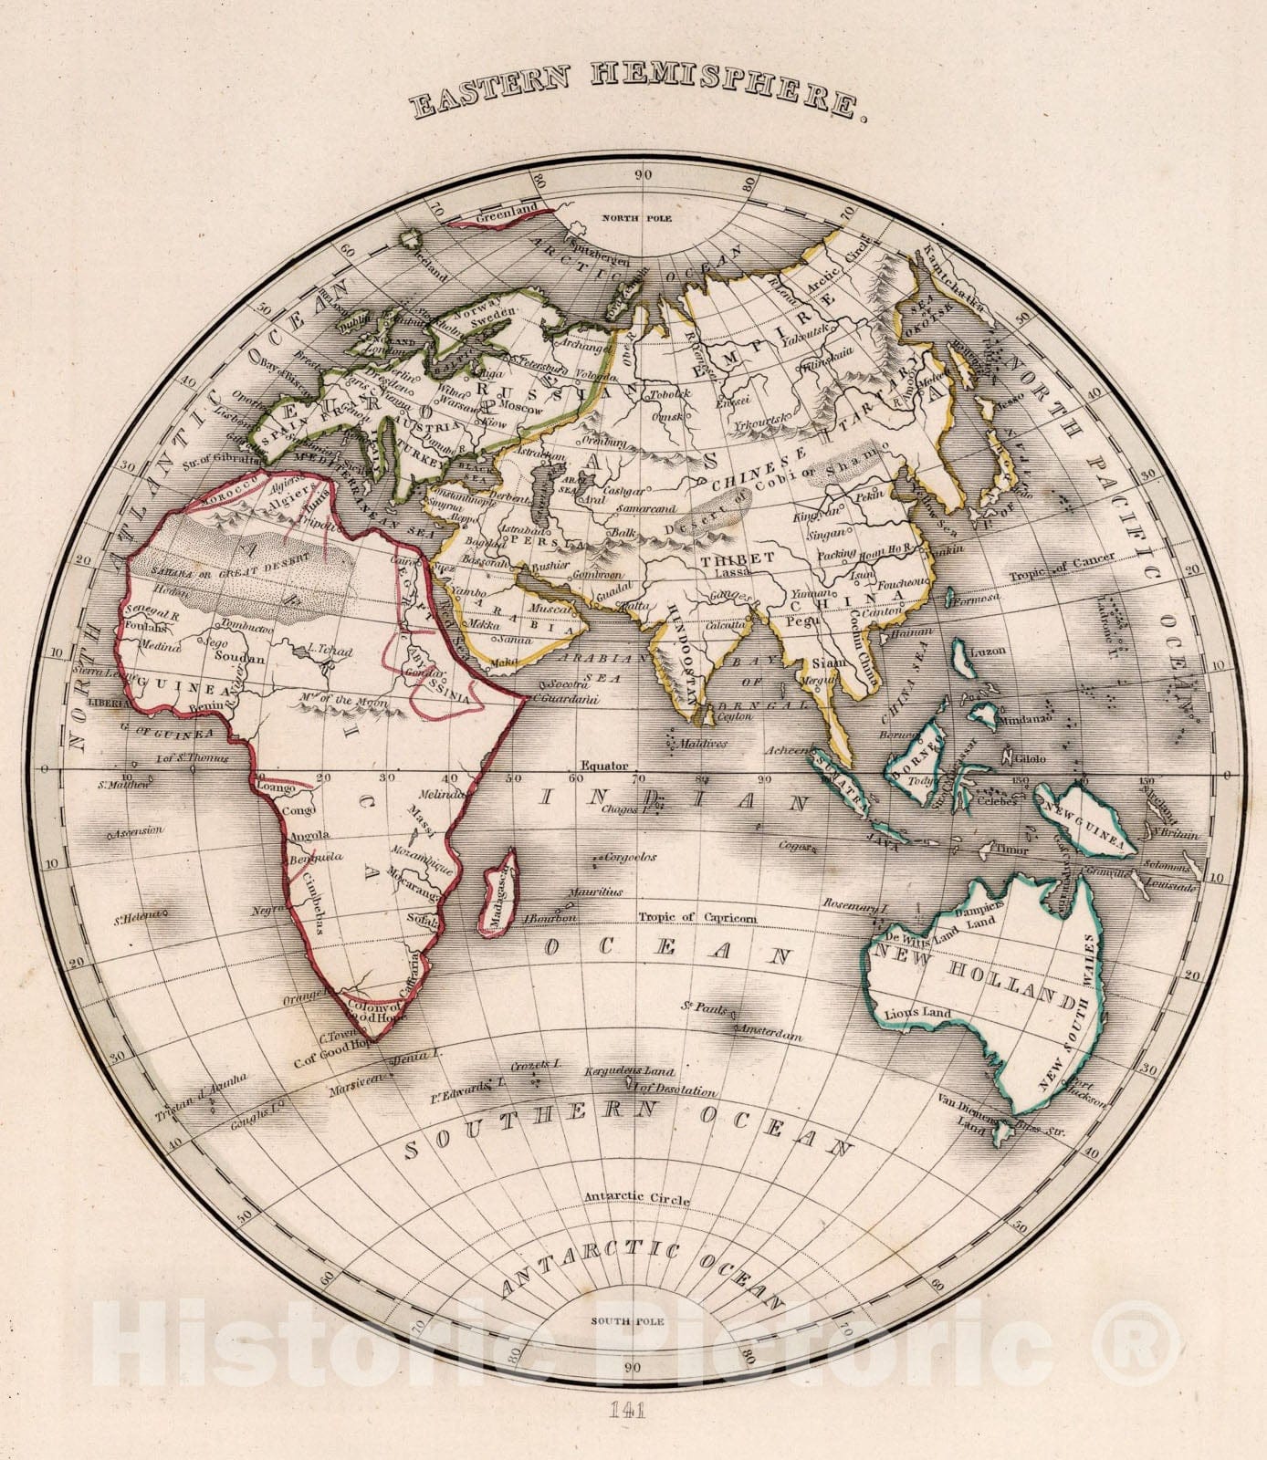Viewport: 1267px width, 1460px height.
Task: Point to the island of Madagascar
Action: click(x=498, y=892)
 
